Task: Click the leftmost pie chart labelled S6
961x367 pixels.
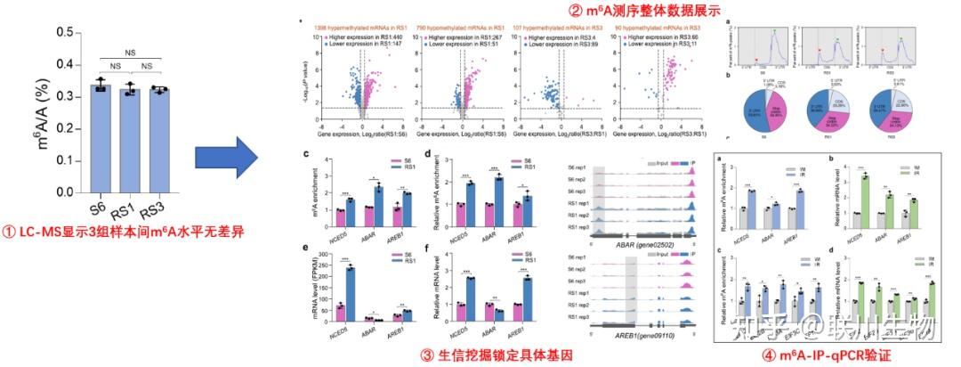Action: coord(756,112)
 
